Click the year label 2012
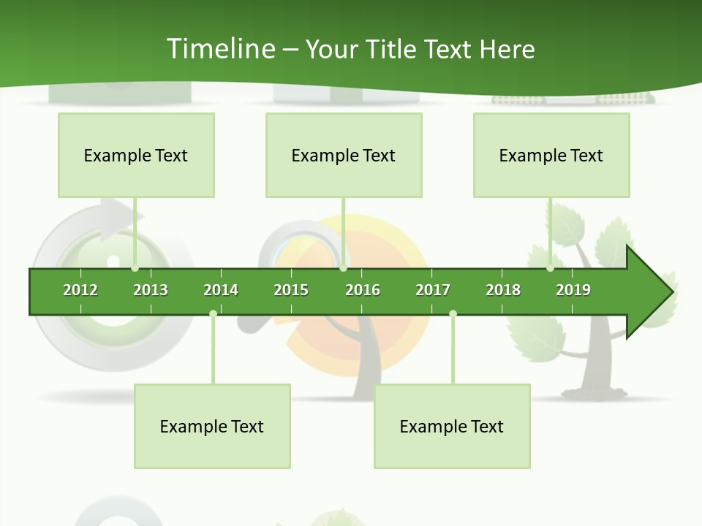80,290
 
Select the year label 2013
151,290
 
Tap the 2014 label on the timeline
221,290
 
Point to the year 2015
291,290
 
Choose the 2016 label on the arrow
363,290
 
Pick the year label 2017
433,290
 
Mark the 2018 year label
503,290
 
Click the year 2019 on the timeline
573,290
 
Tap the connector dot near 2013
135,268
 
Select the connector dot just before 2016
343,268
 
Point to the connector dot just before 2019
551,268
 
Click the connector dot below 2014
213,314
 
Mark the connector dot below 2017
453,314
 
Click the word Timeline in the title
220,49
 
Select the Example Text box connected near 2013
136,155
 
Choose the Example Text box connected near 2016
344,155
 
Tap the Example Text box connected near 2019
551,155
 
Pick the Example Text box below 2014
212,426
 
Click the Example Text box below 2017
452,426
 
